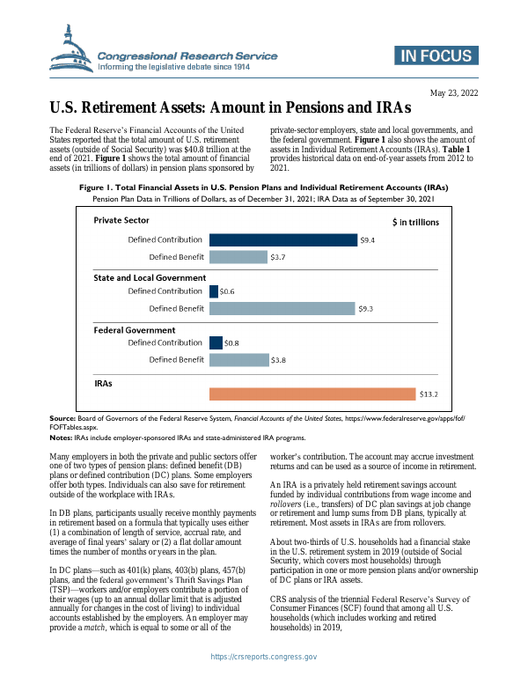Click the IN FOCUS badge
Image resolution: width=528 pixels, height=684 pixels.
435,56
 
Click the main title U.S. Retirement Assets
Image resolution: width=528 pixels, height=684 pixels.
230,109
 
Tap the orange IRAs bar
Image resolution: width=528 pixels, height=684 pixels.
312,394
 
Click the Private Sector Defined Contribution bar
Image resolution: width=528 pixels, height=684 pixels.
282,239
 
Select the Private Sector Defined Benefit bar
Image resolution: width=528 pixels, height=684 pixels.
238,257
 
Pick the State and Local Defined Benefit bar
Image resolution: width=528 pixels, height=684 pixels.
282,309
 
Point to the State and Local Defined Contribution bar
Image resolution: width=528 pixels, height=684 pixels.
214,291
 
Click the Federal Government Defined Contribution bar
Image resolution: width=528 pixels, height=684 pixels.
216,343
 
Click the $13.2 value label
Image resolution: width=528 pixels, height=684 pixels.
428,394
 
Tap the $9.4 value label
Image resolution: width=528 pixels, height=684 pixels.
368,239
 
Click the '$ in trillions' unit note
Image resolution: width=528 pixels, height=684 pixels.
414,222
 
